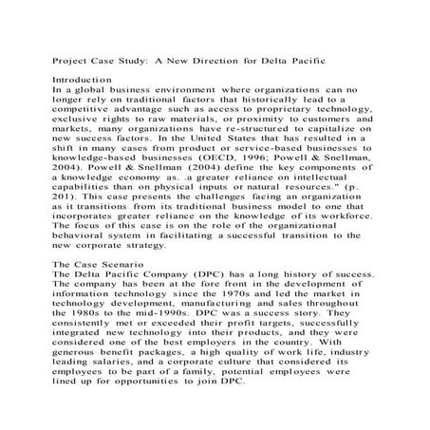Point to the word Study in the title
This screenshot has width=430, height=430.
coord(133,60)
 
